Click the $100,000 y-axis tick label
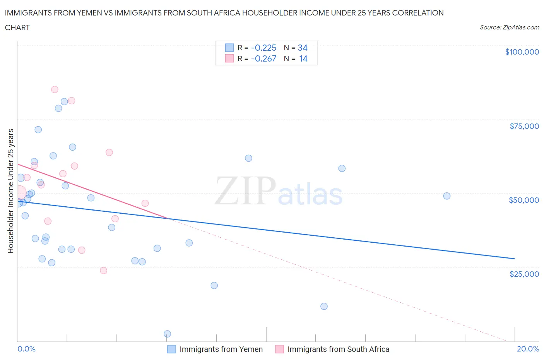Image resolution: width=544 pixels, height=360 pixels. [522, 52]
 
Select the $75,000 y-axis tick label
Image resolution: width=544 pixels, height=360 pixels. [524, 126]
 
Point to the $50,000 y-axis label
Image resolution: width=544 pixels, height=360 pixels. [524, 200]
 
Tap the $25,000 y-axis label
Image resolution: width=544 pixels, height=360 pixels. [524, 274]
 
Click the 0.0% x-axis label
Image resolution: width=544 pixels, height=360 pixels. [26, 349]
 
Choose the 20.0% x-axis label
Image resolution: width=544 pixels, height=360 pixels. [528, 349]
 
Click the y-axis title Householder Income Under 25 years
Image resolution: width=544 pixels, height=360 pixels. [10, 191]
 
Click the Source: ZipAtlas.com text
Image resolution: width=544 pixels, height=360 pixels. [510, 27]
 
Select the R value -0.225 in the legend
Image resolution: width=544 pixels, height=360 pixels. [263, 48]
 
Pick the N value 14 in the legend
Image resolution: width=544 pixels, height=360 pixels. [303, 58]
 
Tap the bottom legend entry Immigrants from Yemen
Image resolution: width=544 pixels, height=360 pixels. [221, 349]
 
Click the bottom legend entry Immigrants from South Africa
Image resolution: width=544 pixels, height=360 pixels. [338, 349]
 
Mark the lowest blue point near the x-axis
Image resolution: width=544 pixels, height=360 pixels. [167, 334]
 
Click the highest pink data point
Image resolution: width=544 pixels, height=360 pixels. [55, 89]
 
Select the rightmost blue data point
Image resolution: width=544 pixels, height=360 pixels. [446, 196]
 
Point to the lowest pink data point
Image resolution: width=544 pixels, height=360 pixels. [103, 270]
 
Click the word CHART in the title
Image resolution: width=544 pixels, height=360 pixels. [17, 27]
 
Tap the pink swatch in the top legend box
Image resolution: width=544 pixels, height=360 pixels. [229, 58]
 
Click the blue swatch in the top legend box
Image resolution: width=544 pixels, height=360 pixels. [229, 48]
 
